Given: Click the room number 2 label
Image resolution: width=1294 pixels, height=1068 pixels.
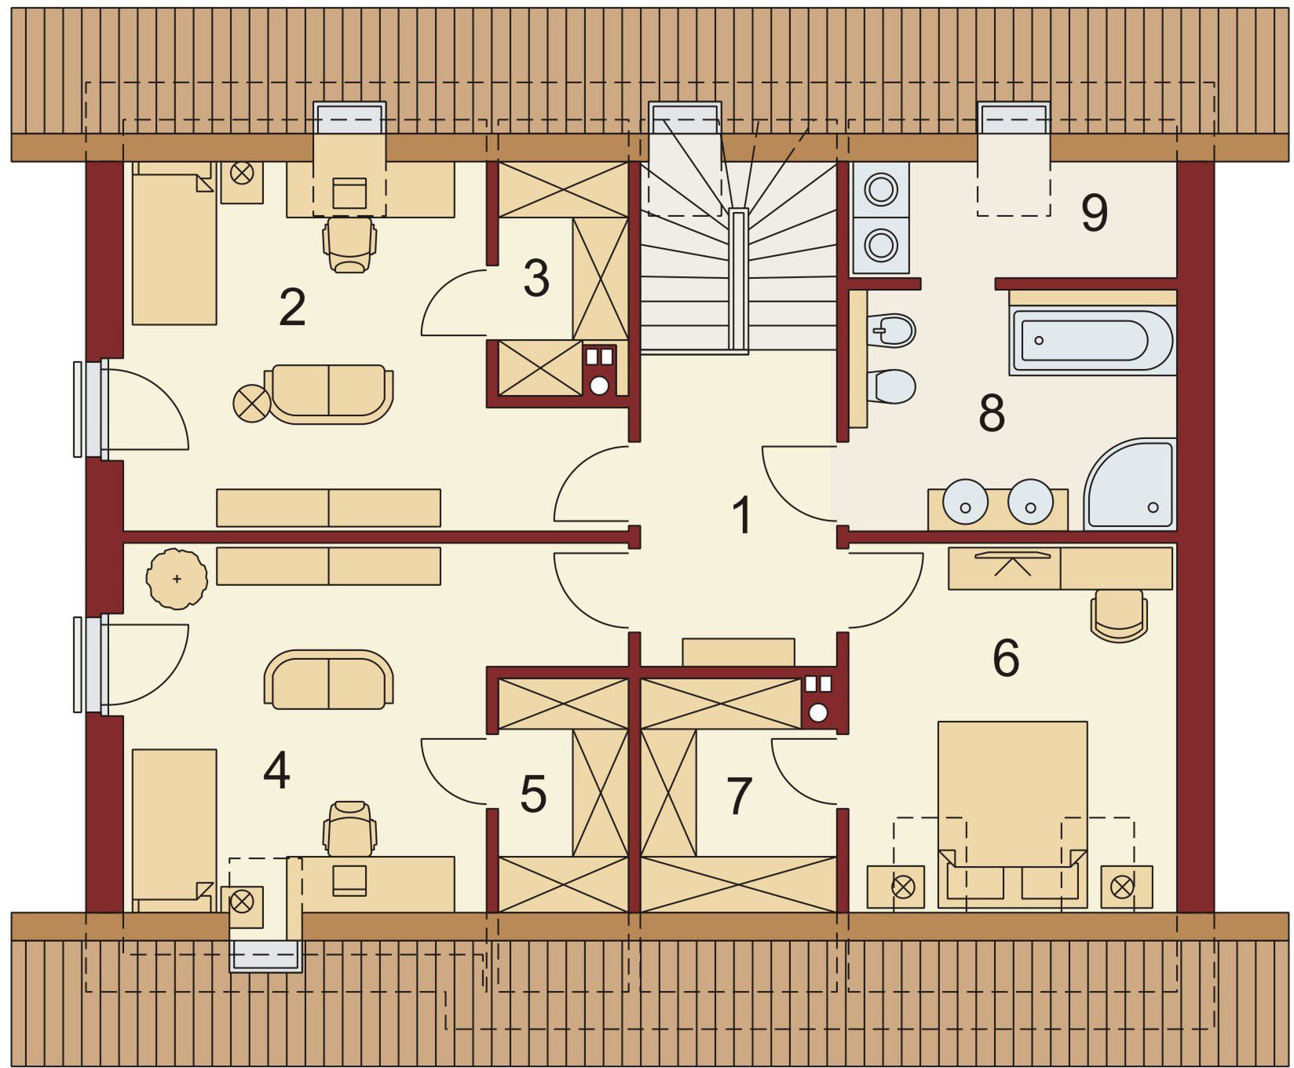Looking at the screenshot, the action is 292,308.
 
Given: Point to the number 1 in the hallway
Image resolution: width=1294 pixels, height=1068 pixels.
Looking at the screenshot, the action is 741,515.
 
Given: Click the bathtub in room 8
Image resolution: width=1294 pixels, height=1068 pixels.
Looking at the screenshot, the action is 1092,341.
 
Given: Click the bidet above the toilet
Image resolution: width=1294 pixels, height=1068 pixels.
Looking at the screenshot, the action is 893,331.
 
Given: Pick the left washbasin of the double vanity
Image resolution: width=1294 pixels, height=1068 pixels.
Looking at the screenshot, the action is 965,502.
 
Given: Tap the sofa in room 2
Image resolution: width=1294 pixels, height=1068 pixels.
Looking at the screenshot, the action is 329,394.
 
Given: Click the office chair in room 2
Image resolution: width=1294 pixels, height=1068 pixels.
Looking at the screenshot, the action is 349,243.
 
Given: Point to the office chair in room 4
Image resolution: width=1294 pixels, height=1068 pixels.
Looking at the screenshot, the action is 349,828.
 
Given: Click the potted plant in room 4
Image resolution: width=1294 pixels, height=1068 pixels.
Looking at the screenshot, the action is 177,579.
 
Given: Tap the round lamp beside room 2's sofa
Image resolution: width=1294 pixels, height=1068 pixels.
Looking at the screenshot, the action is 252,402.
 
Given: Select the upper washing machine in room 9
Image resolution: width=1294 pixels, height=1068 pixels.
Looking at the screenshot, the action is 881,189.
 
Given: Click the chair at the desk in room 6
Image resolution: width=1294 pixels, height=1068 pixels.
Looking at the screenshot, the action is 1119,615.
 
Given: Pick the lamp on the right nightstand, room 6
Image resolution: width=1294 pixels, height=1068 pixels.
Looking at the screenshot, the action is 1122,887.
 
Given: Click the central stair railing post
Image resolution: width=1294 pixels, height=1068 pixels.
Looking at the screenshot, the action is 738,280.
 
